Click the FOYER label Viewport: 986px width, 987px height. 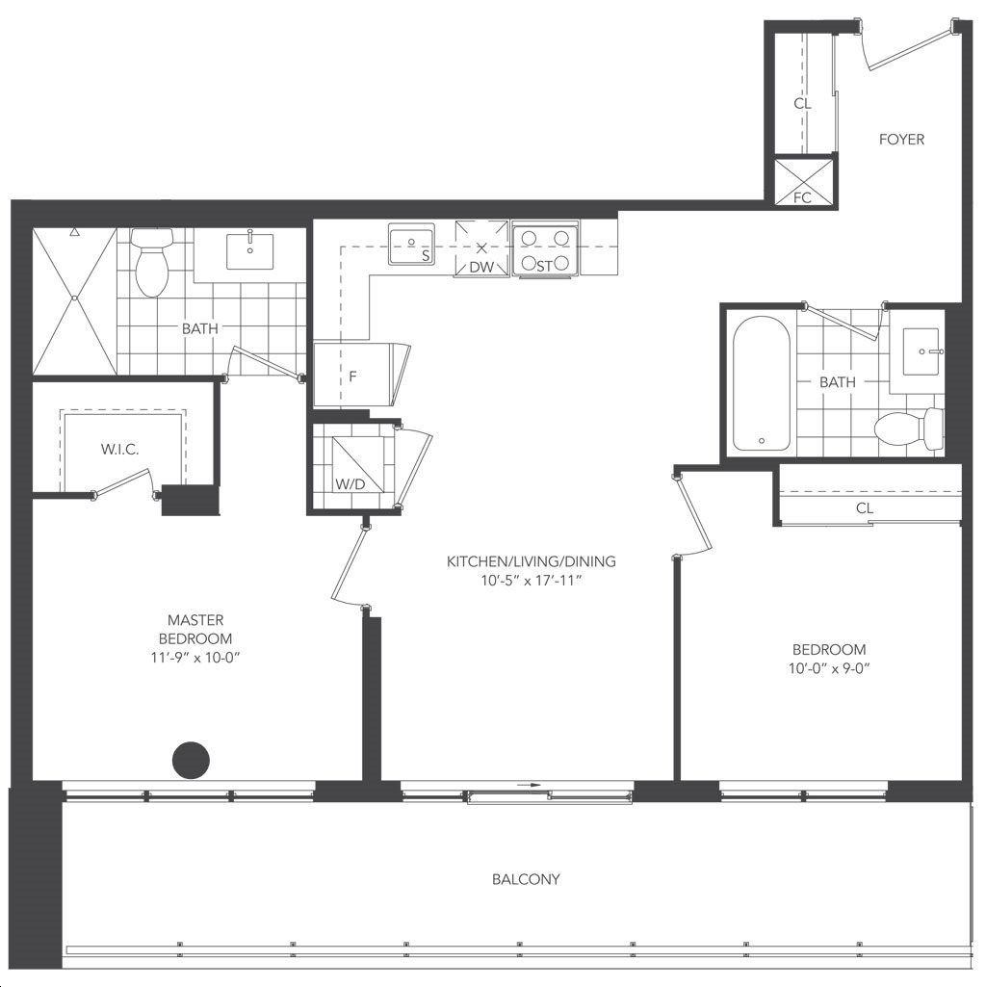901,139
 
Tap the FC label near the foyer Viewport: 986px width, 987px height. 802,197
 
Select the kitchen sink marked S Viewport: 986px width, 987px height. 411,244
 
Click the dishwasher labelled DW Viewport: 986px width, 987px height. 481,248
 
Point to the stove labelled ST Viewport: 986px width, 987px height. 545,249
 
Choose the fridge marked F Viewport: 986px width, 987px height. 361,376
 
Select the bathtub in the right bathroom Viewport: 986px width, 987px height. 762,383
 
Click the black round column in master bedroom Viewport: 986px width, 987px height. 191,761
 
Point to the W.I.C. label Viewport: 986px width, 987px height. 119,450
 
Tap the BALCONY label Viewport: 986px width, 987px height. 526,879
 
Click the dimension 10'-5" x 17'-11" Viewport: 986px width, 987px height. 531,581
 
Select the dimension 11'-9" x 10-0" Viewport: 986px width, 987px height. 195,658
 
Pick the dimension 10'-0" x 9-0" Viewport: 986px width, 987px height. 829,668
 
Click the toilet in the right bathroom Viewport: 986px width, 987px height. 909,429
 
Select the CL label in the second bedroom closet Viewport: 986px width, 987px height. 865,508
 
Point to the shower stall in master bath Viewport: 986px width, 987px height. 75,300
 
